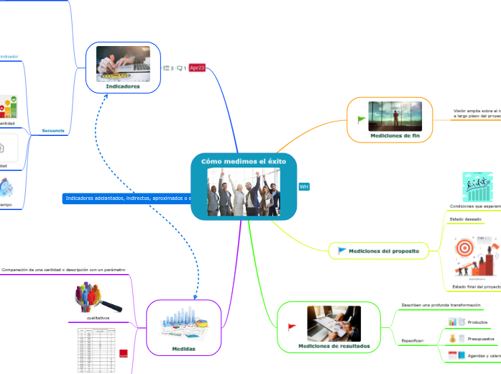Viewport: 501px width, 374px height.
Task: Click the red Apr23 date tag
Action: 197,68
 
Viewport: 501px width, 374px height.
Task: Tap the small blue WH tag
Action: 303,186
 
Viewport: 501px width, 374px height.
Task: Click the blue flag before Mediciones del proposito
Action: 341,250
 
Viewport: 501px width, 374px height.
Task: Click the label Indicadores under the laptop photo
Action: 123,86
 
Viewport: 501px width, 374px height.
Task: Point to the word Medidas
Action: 183,348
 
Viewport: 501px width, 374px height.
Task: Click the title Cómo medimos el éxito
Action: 244,162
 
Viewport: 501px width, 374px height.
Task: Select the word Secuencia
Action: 53,131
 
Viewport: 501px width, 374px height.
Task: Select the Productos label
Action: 478,322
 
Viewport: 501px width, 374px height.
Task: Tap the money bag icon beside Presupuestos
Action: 453,338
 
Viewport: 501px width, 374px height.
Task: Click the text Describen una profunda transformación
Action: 441,306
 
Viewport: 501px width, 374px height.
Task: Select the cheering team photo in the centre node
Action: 244,191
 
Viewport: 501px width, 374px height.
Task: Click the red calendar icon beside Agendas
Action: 453,355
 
